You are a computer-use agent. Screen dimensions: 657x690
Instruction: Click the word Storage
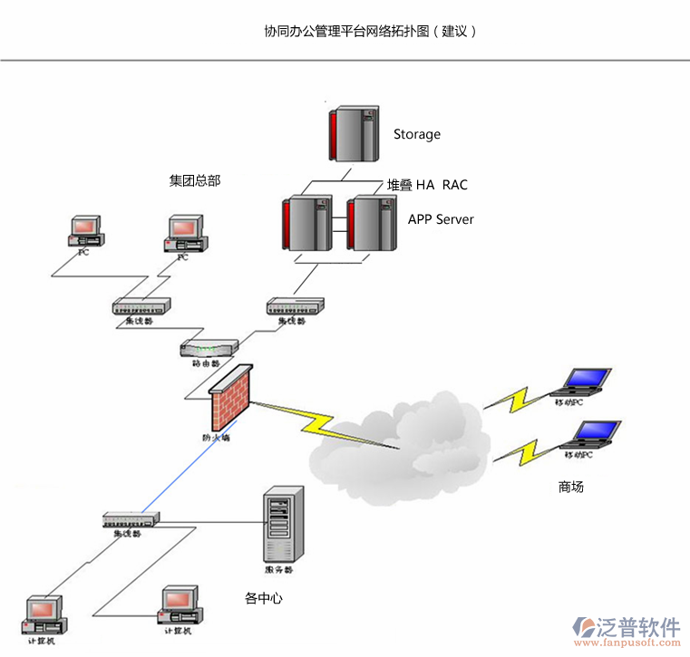tap(417, 134)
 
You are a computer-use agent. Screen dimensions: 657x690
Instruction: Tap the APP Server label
tap(441, 219)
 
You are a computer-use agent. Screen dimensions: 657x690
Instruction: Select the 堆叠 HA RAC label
tap(428, 185)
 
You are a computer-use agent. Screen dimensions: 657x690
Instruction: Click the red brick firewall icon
tap(229, 400)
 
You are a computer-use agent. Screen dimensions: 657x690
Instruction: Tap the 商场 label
tap(571, 488)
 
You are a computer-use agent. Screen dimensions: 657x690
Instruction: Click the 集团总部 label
tap(195, 180)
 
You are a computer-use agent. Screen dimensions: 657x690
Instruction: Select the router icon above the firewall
tap(209, 348)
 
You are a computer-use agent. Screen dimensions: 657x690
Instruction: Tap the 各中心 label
tap(264, 598)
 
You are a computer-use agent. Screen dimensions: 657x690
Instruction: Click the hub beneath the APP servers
tap(296, 306)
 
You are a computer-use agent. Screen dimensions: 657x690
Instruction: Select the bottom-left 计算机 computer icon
tap(43, 615)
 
